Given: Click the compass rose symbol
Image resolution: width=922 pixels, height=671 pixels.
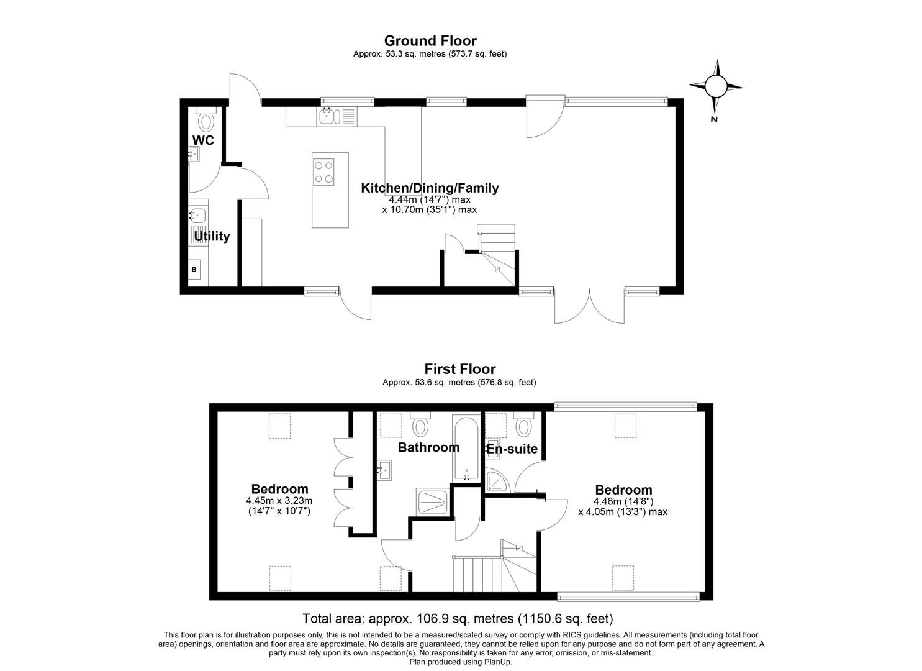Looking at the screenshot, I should tap(716, 86).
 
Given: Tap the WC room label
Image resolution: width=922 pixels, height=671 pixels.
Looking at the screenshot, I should tap(203, 140).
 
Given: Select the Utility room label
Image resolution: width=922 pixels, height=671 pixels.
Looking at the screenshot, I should tap(212, 236).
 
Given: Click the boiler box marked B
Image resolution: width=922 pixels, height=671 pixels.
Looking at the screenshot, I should tap(194, 269).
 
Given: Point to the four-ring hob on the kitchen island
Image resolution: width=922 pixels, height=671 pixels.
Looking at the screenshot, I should tap(323, 171).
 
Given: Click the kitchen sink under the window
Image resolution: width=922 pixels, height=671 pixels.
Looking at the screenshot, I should tap(327, 116).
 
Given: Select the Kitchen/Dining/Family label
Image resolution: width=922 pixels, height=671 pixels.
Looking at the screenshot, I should tap(430, 188).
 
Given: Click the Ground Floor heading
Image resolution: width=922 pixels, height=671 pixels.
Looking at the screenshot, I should tap(430, 41).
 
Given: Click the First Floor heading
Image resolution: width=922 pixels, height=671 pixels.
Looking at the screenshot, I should tap(459, 370).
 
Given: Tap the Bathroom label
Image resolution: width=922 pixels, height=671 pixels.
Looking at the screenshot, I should tap(428, 447).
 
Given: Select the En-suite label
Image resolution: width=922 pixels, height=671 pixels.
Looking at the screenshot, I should tap(512, 449).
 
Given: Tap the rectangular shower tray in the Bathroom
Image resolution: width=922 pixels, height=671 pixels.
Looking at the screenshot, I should tap(433, 502).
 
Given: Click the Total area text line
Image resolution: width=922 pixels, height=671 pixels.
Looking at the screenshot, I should tap(458, 619).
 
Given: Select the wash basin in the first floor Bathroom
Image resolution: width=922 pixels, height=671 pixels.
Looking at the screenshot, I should tap(384, 470).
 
